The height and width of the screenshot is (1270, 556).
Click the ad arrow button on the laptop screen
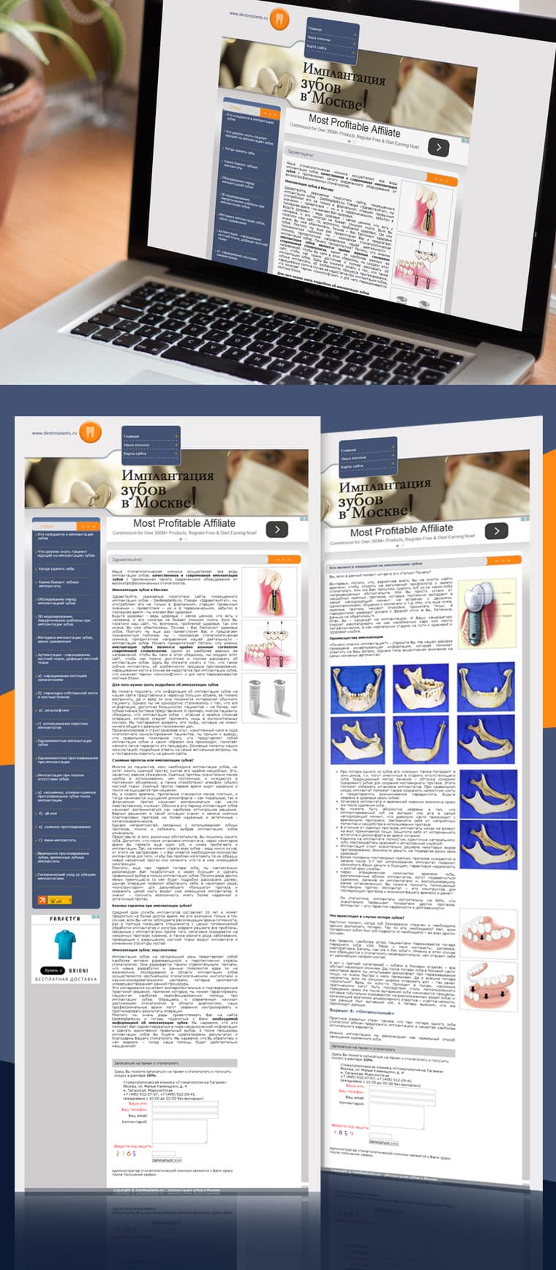438,147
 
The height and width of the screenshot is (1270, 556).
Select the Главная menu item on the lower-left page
132,437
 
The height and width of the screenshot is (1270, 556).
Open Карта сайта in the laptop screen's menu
317,48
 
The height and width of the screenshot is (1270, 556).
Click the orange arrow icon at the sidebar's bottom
42,900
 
